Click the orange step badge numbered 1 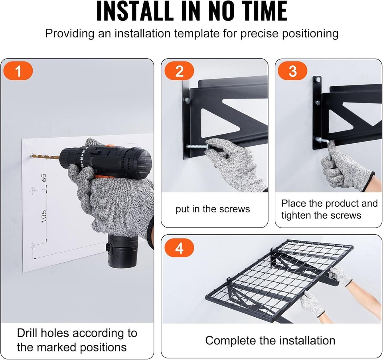18,71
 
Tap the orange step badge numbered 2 179,71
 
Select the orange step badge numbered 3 292,71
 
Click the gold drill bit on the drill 45,157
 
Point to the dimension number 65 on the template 43,178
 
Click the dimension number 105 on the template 43,216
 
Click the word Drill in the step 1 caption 27,333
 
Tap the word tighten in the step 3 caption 296,216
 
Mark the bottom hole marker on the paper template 32,245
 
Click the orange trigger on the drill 101,176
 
